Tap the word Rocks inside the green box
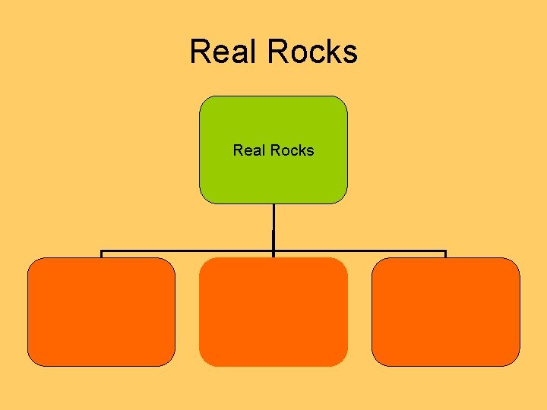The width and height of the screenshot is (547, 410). point(291,150)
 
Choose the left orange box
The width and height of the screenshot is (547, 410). point(101,312)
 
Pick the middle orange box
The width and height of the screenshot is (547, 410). point(273,312)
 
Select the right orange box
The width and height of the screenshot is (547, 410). point(446,312)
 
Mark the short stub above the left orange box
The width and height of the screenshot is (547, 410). point(102,254)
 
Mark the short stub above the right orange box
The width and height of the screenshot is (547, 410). point(445,254)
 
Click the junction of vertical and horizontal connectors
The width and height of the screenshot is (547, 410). point(273,251)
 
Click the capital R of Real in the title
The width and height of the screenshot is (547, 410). point(198,52)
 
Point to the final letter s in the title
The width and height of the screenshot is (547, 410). point(350,53)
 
